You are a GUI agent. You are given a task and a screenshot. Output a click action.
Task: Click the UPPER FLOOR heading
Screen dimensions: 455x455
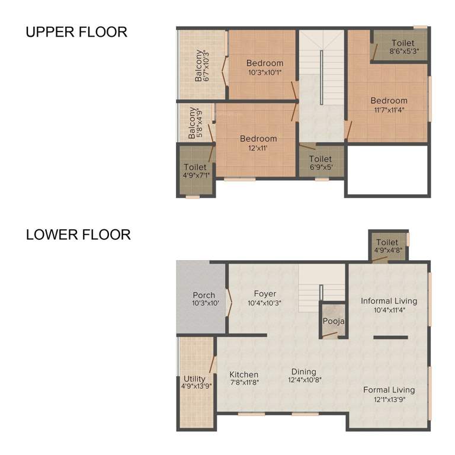point(76,32)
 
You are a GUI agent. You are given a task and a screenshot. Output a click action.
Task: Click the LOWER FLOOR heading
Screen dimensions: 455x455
point(78,235)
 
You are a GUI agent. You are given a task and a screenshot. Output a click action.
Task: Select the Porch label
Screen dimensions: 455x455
point(204,295)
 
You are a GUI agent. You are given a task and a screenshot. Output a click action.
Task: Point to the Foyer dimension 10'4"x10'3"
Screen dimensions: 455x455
point(265,302)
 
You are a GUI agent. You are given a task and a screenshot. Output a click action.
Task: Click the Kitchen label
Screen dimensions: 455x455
point(244,374)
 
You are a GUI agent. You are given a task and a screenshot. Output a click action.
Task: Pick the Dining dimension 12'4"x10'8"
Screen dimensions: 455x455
point(305,380)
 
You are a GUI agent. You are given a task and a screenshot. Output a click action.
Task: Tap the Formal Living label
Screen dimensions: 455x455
point(389,390)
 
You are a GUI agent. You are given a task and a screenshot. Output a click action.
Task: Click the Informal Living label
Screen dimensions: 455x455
point(389,301)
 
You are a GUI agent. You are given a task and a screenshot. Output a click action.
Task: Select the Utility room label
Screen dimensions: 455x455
point(194,379)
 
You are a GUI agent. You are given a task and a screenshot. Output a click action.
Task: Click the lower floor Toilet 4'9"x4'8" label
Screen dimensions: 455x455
point(387,242)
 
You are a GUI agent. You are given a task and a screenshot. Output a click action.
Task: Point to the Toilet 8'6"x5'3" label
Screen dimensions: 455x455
point(403,43)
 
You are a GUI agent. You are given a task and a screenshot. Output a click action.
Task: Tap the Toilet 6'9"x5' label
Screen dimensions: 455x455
point(320,159)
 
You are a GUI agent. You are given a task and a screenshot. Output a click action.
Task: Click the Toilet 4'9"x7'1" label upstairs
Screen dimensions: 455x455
point(195,168)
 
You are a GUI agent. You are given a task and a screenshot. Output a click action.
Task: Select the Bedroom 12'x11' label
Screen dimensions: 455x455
point(258,139)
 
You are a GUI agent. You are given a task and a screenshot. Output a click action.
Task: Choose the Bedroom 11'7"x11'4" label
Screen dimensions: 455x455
point(389,101)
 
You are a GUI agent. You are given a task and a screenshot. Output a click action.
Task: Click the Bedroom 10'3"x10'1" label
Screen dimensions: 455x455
point(265,63)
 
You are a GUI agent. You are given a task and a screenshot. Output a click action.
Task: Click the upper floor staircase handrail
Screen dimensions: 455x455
point(321,77)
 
